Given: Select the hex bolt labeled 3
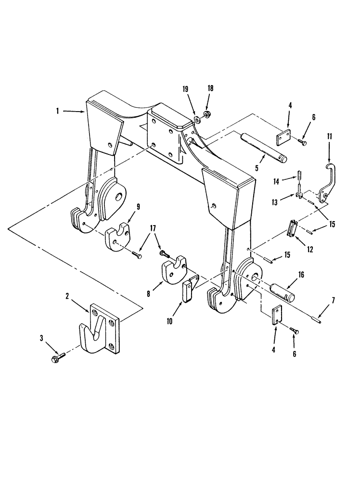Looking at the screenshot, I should tap(54, 359).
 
